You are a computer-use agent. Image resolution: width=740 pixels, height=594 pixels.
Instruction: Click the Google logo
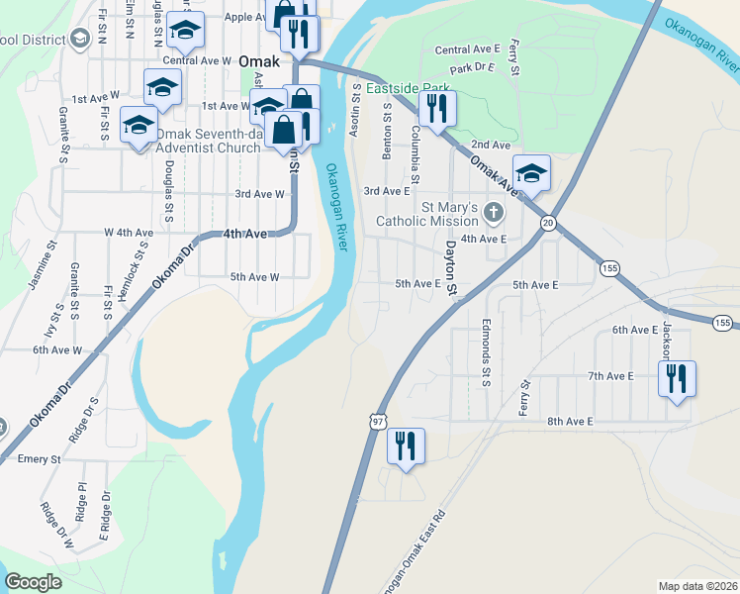tap(33, 582)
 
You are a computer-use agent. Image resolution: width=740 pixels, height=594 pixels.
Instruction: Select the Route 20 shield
tap(547, 225)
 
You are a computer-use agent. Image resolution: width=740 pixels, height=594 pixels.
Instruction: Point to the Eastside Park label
tap(408, 88)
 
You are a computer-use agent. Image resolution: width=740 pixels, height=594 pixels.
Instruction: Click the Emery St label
tap(40, 459)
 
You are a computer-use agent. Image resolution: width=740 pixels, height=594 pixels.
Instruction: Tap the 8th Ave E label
tap(570, 422)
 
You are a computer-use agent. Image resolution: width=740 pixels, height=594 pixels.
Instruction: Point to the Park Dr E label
tap(471, 68)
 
